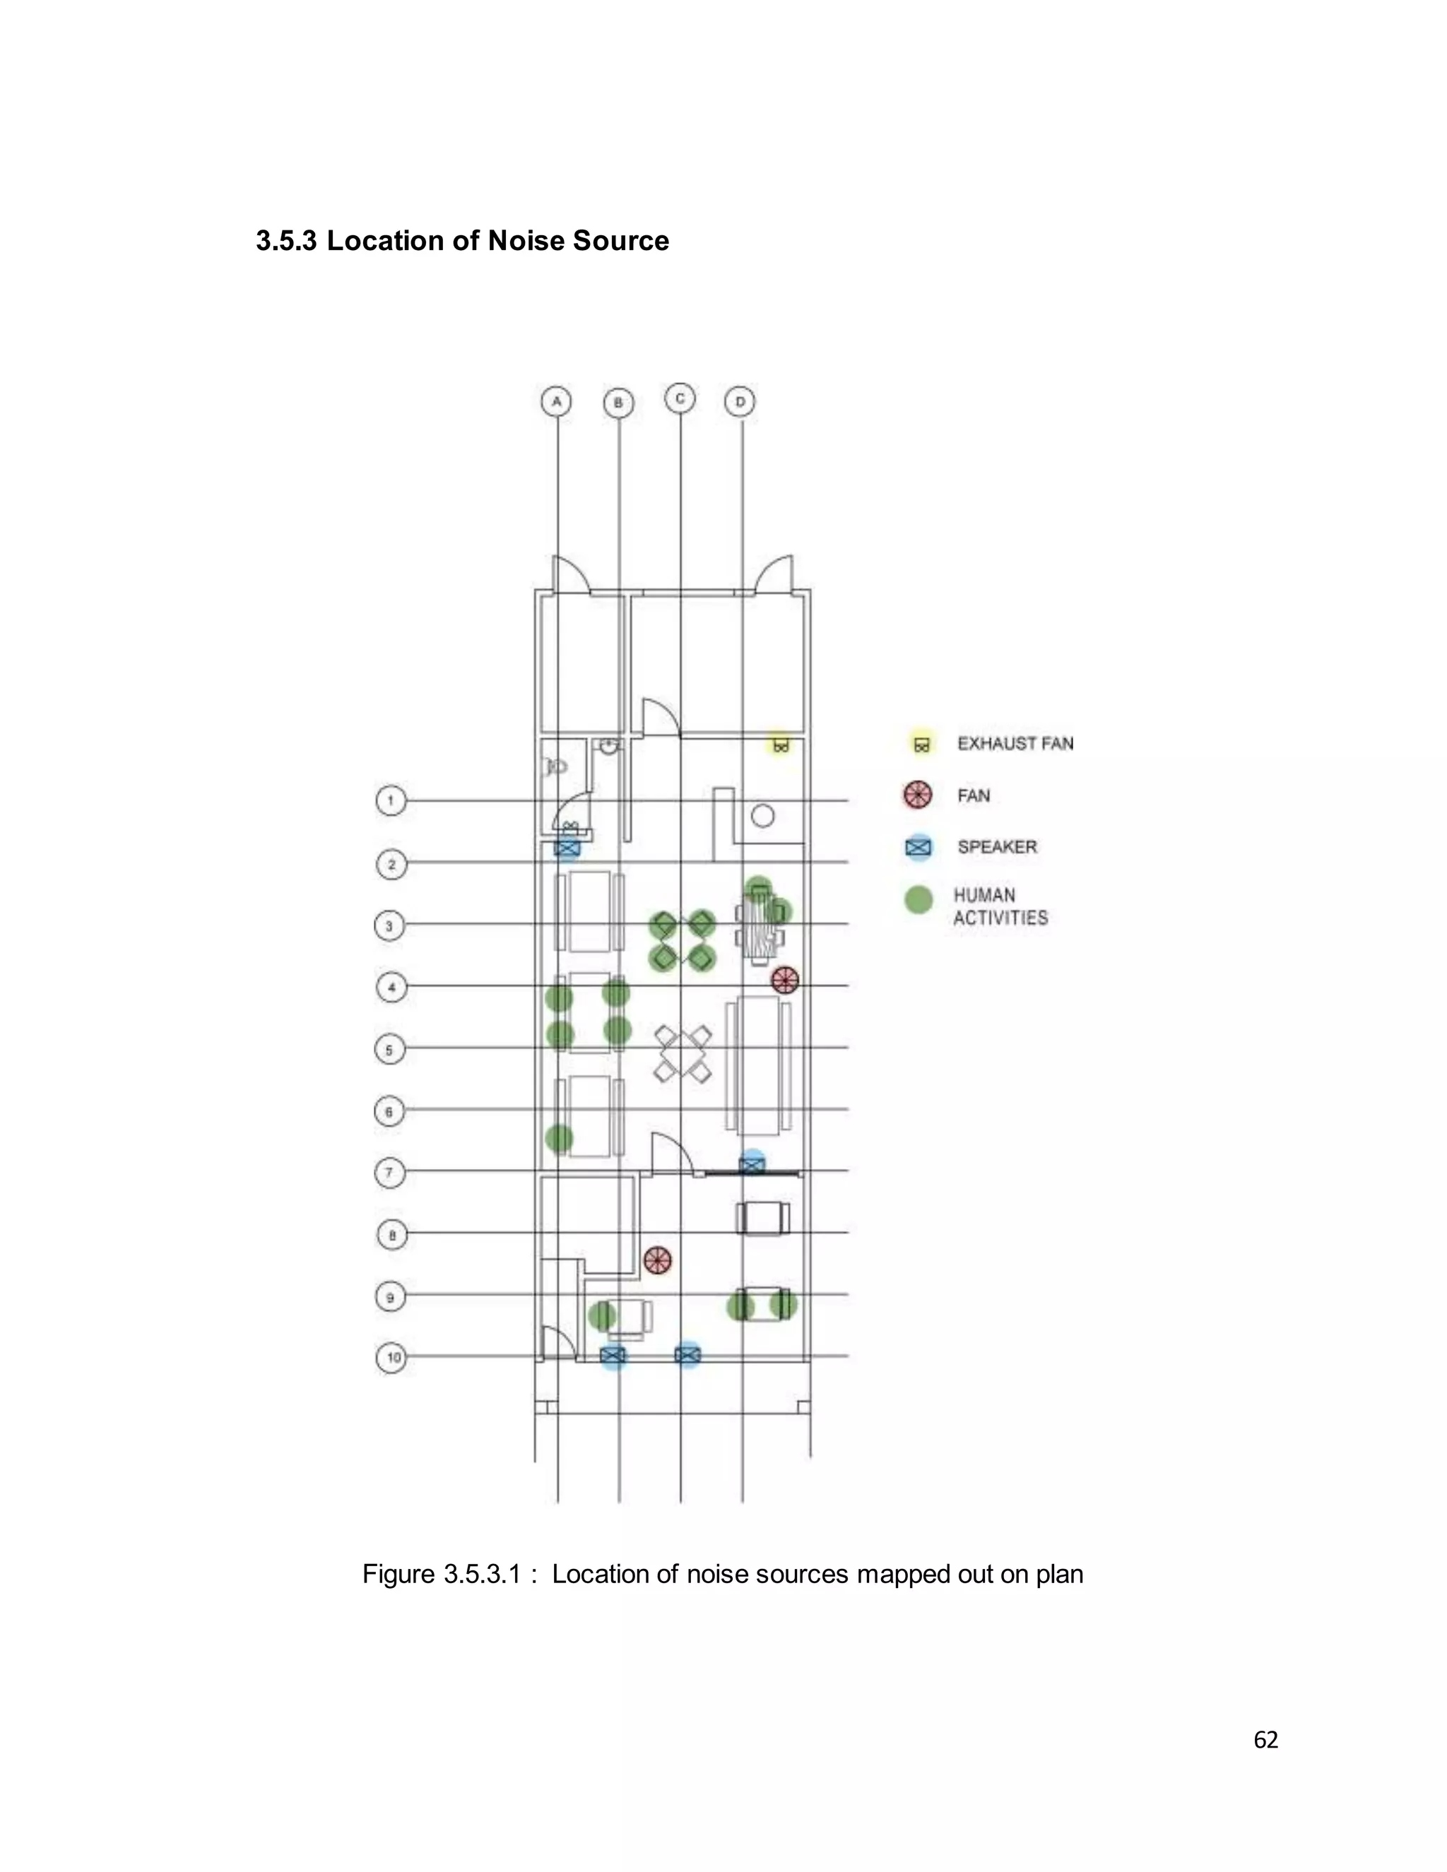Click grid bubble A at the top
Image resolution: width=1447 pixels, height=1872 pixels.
556,401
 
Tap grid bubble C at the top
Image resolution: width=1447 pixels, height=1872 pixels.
680,398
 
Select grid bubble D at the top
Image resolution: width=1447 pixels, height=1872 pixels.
740,401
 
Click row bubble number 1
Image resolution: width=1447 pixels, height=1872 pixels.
391,800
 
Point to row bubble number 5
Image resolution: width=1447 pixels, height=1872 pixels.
390,1049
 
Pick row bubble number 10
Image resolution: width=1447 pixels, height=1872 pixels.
391,1357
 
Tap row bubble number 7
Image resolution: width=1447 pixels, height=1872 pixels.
390,1172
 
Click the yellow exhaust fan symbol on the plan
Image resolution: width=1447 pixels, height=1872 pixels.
779,744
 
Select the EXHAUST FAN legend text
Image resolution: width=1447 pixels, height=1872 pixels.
1015,743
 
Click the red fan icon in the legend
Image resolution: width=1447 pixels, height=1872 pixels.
917,795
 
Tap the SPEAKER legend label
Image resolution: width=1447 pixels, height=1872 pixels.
997,847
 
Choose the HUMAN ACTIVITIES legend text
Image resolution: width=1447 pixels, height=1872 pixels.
1000,906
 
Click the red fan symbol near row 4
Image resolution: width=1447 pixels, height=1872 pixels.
784,979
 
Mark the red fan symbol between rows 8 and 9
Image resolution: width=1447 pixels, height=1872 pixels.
658,1260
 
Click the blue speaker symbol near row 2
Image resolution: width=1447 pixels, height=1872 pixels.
567,848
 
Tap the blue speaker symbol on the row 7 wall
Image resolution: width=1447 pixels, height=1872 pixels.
752,1163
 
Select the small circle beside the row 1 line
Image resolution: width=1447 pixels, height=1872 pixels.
762,816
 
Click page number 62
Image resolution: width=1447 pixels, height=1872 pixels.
1265,1739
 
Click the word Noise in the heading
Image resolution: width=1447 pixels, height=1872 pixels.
526,241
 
